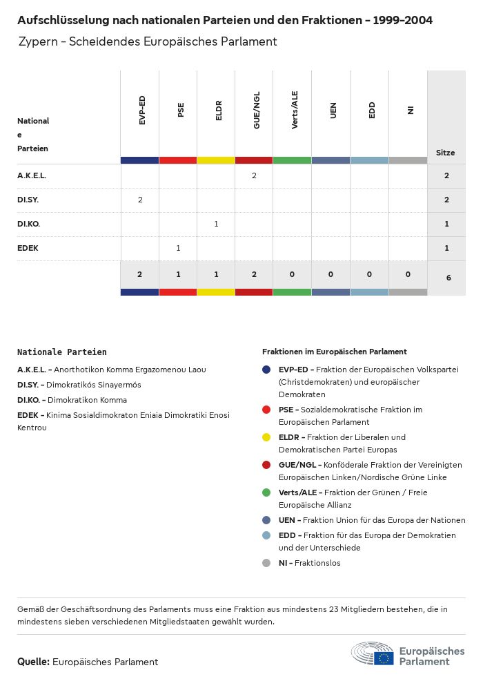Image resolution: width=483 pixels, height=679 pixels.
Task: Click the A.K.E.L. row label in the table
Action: (x=32, y=175)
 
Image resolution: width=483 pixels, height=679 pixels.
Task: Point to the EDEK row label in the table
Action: (x=28, y=248)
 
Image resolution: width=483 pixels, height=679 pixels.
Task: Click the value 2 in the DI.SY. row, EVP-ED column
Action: (x=140, y=200)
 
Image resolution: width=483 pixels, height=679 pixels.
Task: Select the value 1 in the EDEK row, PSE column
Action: (x=178, y=248)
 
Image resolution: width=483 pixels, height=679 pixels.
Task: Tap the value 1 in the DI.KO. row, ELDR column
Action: (x=216, y=224)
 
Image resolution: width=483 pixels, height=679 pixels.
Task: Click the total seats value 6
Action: (x=446, y=278)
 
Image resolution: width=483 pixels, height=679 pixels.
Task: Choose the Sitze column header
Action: (x=446, y=153)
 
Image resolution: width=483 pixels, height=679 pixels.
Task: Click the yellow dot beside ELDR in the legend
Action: (x=266, y=437)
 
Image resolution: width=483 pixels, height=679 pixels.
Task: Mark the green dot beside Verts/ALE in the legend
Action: (x=266, y=492)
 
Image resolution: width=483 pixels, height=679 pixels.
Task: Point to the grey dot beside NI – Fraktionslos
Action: (x=266, y=563)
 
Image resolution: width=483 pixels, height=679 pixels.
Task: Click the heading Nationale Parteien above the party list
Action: (x=62, y=352)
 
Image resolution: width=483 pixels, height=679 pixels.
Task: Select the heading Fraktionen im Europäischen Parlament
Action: (x=335, y=352)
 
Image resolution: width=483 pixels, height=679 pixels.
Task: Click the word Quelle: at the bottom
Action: (x=33, y=662)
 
